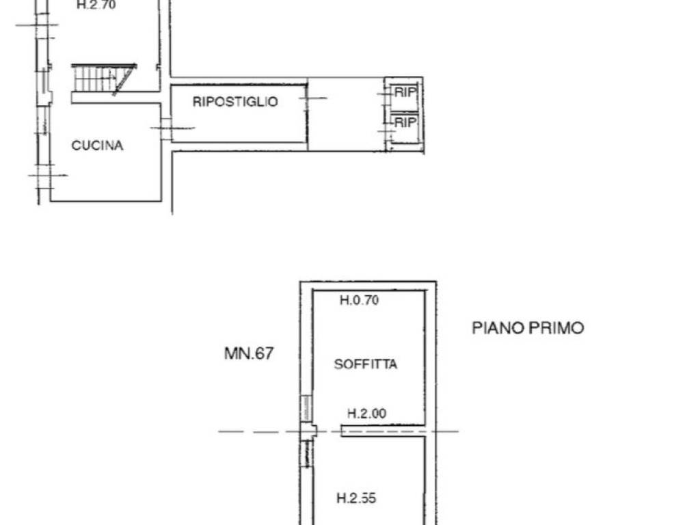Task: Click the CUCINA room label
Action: point(97,146)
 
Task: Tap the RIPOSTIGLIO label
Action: point(235,102)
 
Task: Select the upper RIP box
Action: point(405,92)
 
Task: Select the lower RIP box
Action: point(405,123)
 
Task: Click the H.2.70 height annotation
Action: point(96,5)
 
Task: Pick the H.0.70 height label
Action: point(359,299)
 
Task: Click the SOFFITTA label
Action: point(365,364)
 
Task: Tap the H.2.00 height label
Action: point(366,413)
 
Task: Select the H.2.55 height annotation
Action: point(356,499)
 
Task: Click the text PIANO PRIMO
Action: point(528,328)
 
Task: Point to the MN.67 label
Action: point(249,353)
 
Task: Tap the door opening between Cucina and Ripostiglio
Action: point(165,128)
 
